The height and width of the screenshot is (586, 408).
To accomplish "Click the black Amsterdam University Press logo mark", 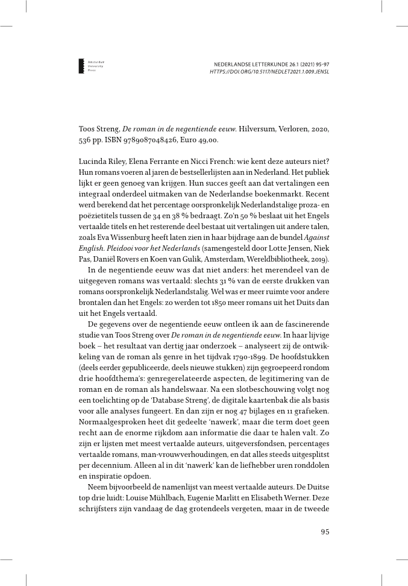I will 82,67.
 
